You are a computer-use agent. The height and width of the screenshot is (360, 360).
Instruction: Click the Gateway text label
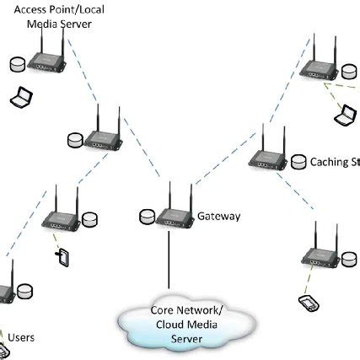point(218,217)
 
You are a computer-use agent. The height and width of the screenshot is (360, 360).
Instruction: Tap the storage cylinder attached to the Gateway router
point(148,218)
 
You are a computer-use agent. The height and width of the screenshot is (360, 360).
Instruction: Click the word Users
point(20,337)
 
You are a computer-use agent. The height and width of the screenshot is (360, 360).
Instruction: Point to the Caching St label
point(334,161)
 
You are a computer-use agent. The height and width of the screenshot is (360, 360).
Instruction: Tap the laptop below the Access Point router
point(18,97)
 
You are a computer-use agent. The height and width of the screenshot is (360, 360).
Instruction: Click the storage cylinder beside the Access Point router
point(14,64)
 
